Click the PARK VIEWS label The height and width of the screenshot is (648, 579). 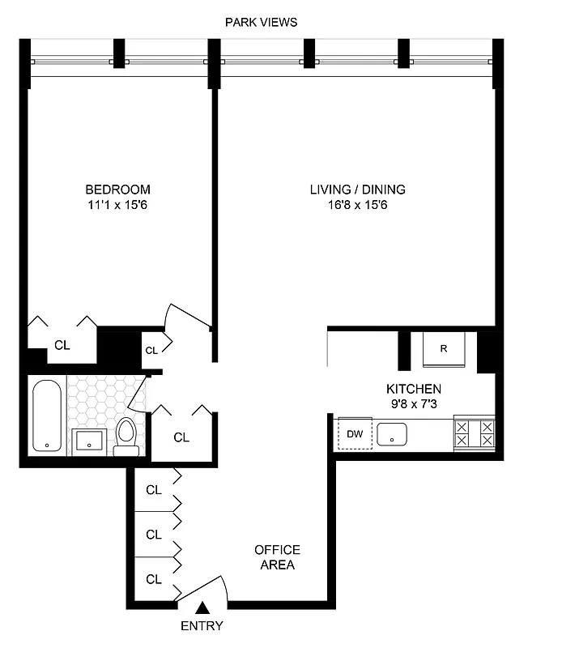point(261,22)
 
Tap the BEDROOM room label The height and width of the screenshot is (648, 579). point(120,190)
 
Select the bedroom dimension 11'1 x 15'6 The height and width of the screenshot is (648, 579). point(120,205)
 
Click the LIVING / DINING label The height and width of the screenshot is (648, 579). point(357,190)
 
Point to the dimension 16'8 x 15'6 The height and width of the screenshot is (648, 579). point(357,205)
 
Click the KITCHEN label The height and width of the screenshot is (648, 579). point(413,389)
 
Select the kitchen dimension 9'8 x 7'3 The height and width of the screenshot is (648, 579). point(413,403)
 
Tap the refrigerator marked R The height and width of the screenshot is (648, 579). point(444,350)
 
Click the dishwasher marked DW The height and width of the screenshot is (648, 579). point(354,433)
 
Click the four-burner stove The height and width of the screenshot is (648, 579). point(475,433)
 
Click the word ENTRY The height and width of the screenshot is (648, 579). point(202,625)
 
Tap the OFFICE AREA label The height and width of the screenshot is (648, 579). point(277,556)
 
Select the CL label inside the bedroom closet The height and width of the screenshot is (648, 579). point(62,344)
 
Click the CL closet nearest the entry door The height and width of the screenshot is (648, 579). point(153,579)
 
